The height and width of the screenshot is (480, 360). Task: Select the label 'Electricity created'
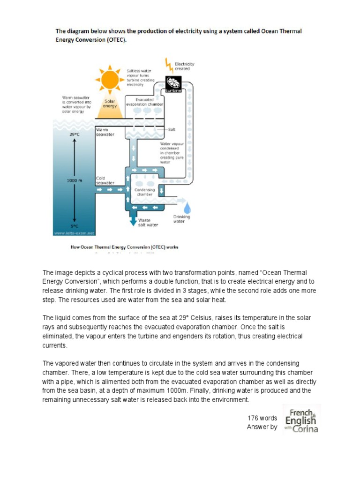[x=184, y=66]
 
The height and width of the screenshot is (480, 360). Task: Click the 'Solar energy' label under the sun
[x=110, y=103]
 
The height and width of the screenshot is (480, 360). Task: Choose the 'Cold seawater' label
[x=105, y=180]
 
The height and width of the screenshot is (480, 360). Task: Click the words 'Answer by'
[x=262, y=427]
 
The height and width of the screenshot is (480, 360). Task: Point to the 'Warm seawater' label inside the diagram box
[x=105, y=132]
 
